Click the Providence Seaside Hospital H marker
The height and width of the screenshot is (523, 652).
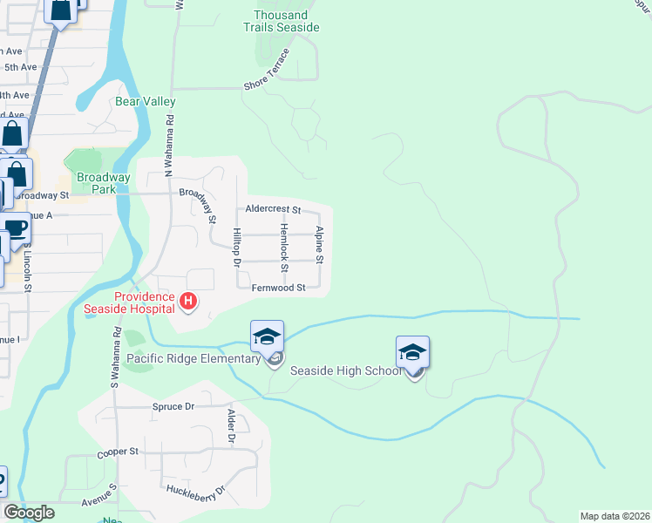tap(187, 302)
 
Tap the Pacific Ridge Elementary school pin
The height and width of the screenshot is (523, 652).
tap(267, 336)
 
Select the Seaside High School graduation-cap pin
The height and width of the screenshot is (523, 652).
tap(412, 351)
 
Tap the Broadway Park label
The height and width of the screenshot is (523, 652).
tap(103, 183)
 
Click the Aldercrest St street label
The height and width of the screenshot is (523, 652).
tap(273, 210)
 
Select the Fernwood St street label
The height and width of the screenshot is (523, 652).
tap(278, 288)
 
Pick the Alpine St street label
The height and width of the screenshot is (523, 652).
tap(320, 245)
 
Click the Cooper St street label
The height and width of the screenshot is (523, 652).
tap(122, 452)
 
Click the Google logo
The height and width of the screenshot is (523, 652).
tap(29, 513)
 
